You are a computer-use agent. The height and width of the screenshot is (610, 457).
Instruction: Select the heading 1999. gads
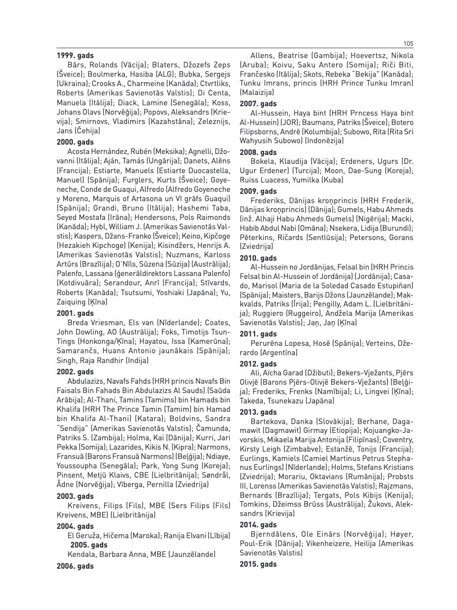tap(75, 56)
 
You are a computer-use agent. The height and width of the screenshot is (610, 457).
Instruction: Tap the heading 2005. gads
tap(89, 545)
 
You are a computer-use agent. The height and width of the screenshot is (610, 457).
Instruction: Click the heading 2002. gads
tap(75, 372)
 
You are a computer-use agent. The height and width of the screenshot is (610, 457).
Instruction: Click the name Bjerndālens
tap(276, 534)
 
